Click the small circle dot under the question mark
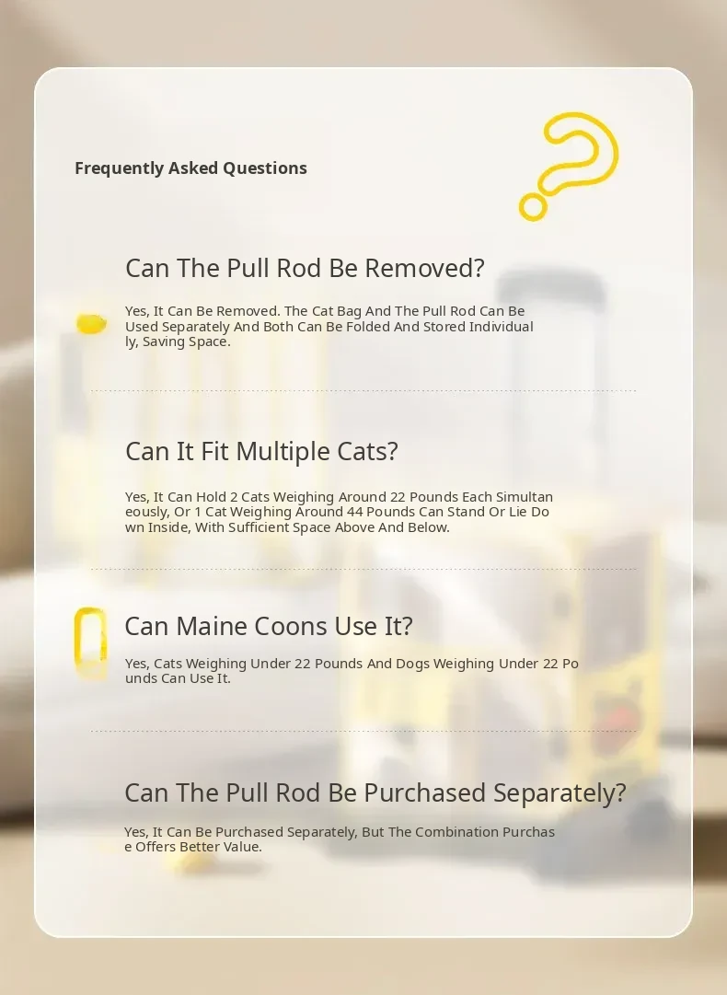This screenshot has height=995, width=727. (x=533, y=207)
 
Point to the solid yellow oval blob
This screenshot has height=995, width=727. (x=91, y=324)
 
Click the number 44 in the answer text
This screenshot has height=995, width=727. (x=354, y=512)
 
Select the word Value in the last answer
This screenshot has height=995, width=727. (x=242, y=847)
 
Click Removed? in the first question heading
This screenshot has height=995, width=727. (x=424, y=269)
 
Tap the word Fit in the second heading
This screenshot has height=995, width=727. (x=215, y=452)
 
